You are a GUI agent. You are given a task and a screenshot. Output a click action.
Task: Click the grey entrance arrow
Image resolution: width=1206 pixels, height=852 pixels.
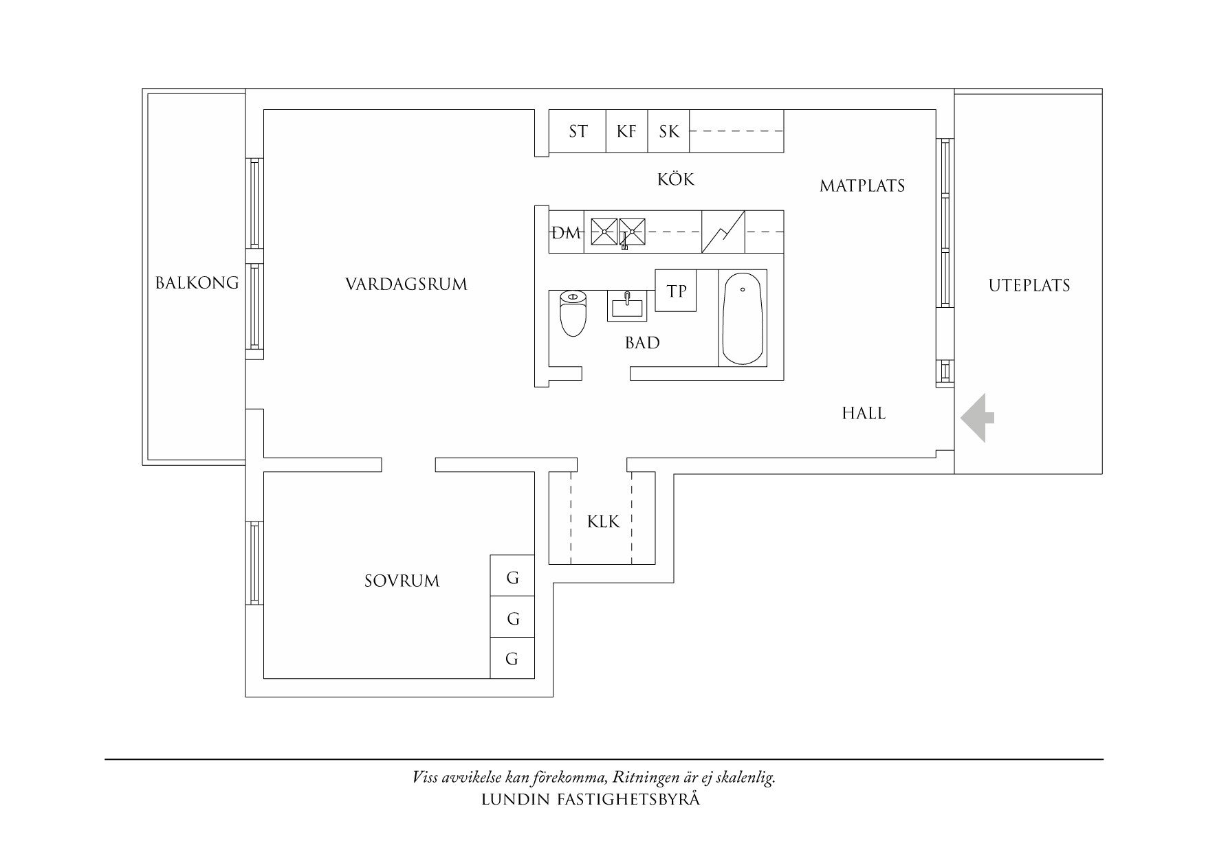976,418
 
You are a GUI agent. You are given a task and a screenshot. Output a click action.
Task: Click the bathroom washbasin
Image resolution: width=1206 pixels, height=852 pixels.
626,306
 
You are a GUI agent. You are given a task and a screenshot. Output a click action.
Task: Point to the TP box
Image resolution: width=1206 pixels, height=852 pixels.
677,291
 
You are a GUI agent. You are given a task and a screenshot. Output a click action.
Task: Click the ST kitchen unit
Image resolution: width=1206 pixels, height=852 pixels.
578,131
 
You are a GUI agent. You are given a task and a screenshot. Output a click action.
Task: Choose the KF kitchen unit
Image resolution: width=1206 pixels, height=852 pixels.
626,131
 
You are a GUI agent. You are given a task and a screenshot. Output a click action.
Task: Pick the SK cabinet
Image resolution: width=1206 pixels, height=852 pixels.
668,131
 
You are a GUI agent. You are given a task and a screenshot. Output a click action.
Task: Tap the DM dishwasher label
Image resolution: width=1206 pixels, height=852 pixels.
567,233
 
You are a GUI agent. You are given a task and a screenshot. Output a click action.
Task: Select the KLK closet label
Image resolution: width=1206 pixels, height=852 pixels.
603,522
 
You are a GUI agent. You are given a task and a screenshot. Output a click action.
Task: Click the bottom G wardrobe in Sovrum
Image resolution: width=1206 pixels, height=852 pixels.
512,659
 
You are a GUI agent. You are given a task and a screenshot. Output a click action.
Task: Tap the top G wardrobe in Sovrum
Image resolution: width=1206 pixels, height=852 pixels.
512,577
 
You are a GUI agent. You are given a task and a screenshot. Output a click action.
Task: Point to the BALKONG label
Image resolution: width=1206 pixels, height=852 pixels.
197,282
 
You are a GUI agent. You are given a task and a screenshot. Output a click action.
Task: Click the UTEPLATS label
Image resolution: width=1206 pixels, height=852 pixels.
1029,285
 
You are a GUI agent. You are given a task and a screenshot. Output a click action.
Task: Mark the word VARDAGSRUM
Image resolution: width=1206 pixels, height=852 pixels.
406,284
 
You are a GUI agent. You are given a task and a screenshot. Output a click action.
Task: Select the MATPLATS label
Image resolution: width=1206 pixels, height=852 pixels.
862,186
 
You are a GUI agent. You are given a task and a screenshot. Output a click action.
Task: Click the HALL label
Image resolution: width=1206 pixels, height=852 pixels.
864,413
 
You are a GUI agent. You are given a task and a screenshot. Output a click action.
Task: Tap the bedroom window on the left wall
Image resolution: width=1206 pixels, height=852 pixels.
255,563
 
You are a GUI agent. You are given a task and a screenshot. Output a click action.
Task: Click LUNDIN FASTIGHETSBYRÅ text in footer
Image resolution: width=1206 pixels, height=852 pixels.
591,800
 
